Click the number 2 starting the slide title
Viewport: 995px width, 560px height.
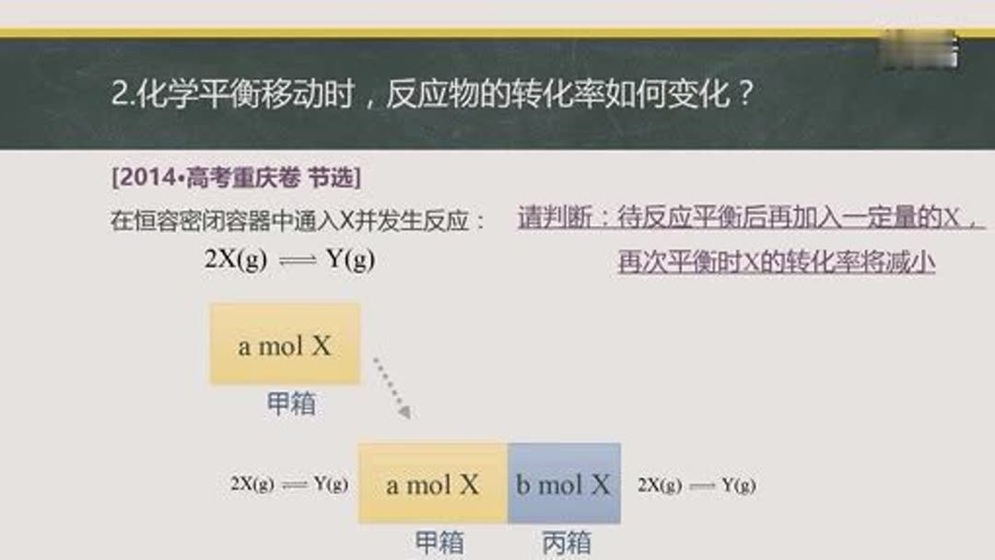pyautogui.click(x=118, y=96)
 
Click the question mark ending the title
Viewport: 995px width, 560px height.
pyautogui.click(x=748, y=96)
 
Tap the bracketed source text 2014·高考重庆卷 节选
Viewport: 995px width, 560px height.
pyautogui.click(x=236, y=178)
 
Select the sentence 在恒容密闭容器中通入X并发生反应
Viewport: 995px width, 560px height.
pyautogui.click(x=297, y=221)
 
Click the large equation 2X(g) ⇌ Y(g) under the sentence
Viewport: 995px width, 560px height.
pyautogui.click(x=289, y=260)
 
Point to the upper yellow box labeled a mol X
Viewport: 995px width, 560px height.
pyautogui.click(x=285, y=344)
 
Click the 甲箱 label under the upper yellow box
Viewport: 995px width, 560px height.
pyautogui.click(x=291, y=403)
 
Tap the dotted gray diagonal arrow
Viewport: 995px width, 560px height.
pyautogui.click(x=392, y=388)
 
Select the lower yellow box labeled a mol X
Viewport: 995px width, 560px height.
pyautogui.click(x=433, y=484)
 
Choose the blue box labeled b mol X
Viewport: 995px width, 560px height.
pyautogui.click(x=564, y=484)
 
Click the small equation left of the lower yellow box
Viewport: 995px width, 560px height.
pyautogui.click(x=289, y=484)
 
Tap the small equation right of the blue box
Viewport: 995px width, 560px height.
pyautogui.click(x=696, y=484)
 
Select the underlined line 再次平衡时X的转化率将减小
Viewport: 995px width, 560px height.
pyautogui.click(x=777, y=262)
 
